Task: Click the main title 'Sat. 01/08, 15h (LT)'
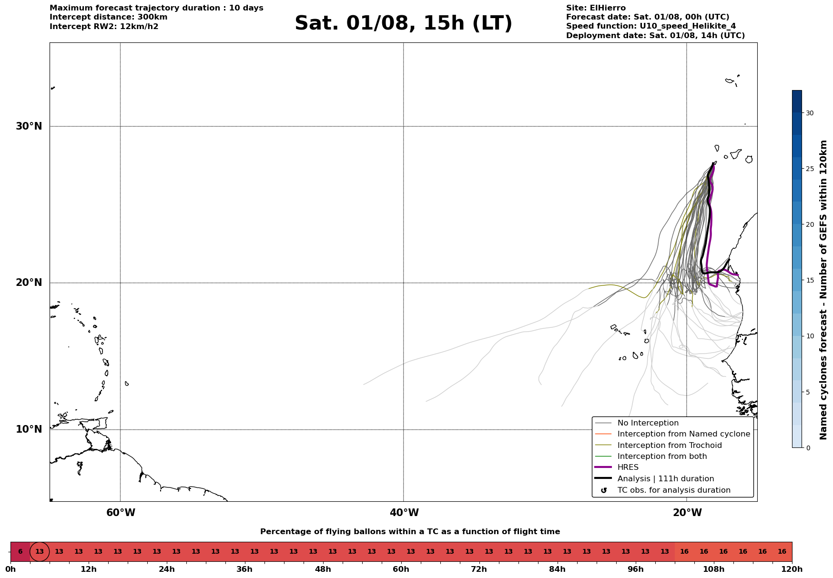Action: click(x=403, y=23)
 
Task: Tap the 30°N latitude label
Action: click(x=29, y=126)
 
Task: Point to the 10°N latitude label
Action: click(x=29, y=429)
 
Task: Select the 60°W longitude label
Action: click(x=121, y=513)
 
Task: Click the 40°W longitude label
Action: click(x=404, y=513)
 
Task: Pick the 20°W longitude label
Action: click(x=687, y=513)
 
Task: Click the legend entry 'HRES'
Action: click(x=628, y=467)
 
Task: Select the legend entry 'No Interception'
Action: click(x=648, y=423)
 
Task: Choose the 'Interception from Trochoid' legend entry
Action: click(x=670, y=446)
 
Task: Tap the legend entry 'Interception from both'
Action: click(x=662, y=456)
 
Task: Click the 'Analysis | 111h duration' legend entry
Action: click(x=666, y=479)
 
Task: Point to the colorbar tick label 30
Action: click(x=810, y=113)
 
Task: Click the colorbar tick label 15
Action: click(x=810, y=280)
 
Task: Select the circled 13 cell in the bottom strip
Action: click(x=40, y=552)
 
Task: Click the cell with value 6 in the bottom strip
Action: click(x=20, y=552)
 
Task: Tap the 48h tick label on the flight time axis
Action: click(x=323, y=569)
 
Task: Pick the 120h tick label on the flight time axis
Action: click(x=792, y=569)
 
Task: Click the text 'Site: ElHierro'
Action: click(x=596, y=8)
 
